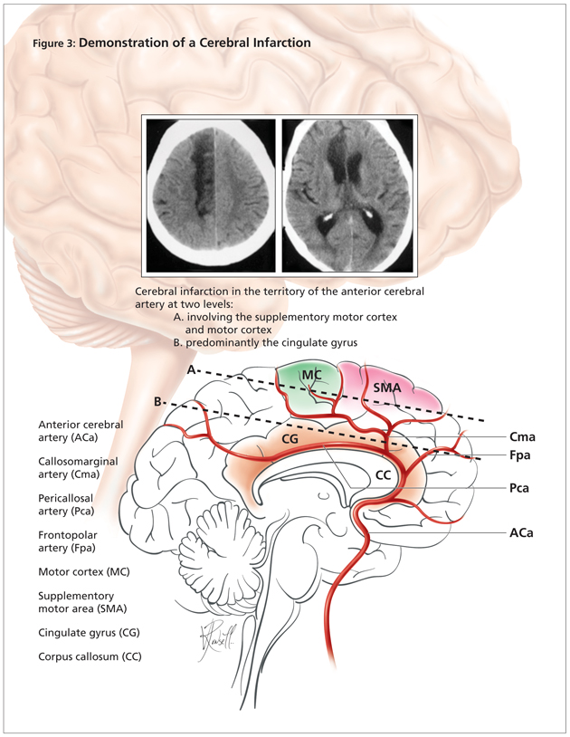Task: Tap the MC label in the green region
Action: [312, 376]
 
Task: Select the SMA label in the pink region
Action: [386, 387]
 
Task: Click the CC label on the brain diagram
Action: [385, 474]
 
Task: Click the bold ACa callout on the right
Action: [520, 534]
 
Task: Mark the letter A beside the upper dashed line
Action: [191, 371]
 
